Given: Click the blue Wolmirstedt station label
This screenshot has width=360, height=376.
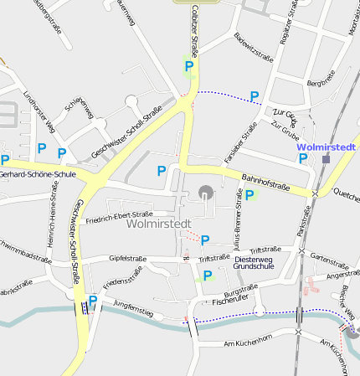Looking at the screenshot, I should coord(327,147).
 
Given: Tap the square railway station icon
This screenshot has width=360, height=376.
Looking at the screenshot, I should coord(327,157).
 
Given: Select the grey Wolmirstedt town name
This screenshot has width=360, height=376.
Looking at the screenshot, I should coord(159,224).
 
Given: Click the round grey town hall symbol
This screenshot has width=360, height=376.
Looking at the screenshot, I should coord(206,193).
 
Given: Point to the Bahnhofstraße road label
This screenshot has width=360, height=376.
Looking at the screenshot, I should coord(265,178).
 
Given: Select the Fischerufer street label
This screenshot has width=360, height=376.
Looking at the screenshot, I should coord(231,301).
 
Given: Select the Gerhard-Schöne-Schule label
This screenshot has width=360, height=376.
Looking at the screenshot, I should coord(38,175).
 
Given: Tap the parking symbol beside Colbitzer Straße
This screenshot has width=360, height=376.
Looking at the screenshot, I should coord(189,66).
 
